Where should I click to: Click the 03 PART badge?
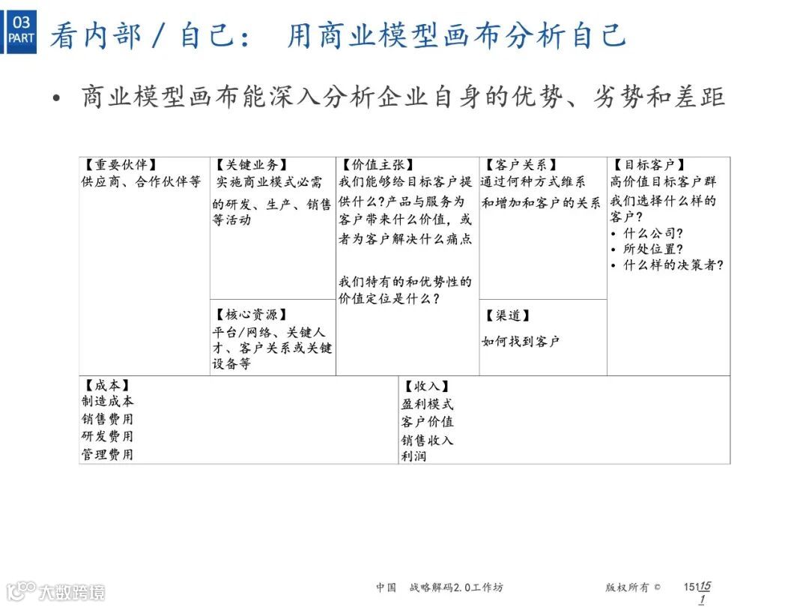coord(21,31)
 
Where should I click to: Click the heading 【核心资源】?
coord(251,315)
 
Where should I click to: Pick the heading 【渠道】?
coord(508,315)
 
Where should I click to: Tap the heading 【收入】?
coord(426,387)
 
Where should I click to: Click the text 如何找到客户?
coord(521,342)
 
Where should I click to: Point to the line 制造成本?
coord(108,402)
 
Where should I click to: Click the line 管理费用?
coord(108,454)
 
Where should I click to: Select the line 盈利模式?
coord(427,404)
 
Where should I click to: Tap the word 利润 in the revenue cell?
coord(413,456)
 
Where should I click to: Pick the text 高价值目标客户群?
coord(663,182)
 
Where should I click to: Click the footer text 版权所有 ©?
coord(633,588)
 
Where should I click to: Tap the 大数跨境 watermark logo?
coord(55,591)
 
